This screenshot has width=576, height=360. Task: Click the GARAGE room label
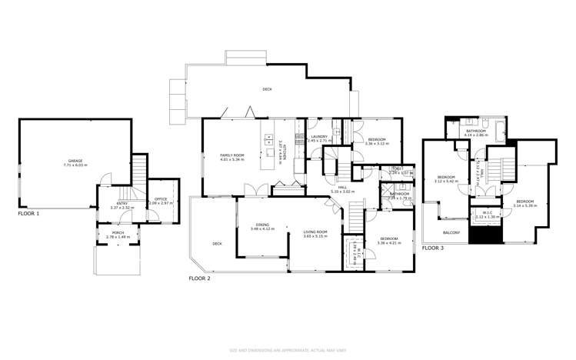point(75,162)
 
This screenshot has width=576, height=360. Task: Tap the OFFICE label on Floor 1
point(161,199)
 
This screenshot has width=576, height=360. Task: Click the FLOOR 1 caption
point(28,213)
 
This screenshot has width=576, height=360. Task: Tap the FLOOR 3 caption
point(433,248)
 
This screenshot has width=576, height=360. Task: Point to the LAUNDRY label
point(319,138)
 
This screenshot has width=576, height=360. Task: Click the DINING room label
point(263,225)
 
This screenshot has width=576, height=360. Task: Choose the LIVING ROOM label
point(315,232)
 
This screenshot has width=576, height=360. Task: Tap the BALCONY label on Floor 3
point(451,232)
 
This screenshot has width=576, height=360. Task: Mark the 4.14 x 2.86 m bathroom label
point(477,135)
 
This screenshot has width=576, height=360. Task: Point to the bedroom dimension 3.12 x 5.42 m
point(448,181)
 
